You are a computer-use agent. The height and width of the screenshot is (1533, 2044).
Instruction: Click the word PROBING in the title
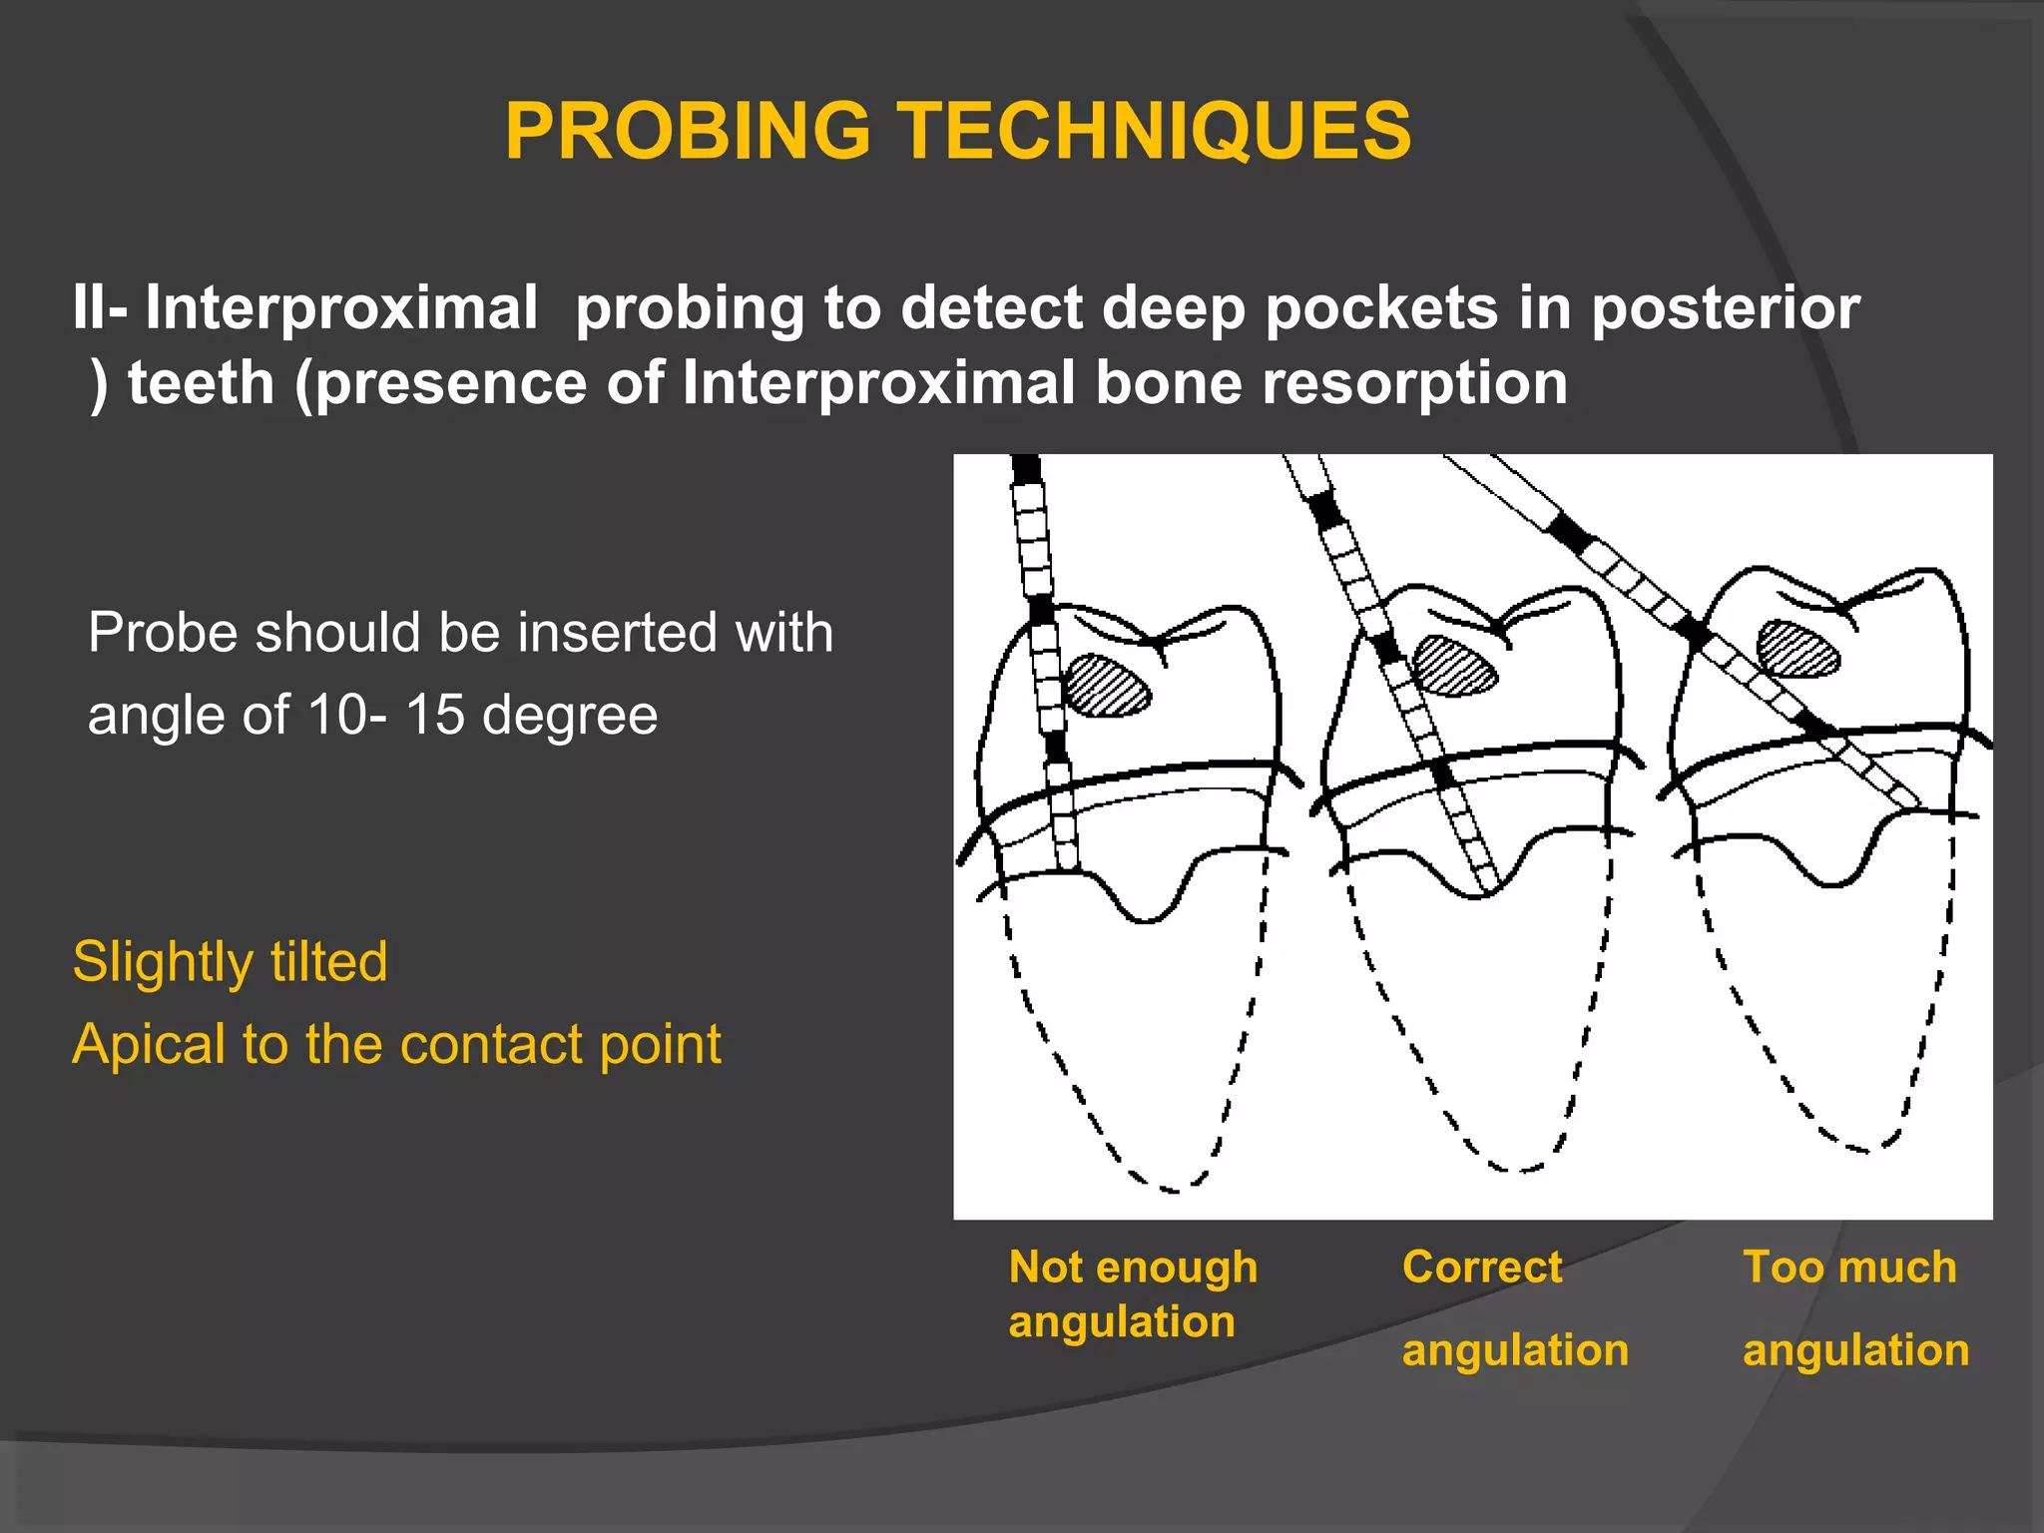688,132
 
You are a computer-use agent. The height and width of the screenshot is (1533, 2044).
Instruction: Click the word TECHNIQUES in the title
1158,132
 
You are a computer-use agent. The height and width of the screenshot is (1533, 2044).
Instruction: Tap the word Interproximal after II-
341,307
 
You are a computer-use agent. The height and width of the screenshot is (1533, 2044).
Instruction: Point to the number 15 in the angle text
435,715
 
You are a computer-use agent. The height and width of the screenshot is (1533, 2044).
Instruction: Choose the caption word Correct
1482,1267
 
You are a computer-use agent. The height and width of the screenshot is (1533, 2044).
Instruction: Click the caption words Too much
1849,1267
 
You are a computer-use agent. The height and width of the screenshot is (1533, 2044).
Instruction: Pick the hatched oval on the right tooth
1798,649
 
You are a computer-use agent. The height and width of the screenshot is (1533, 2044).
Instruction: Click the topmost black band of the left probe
1026,469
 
